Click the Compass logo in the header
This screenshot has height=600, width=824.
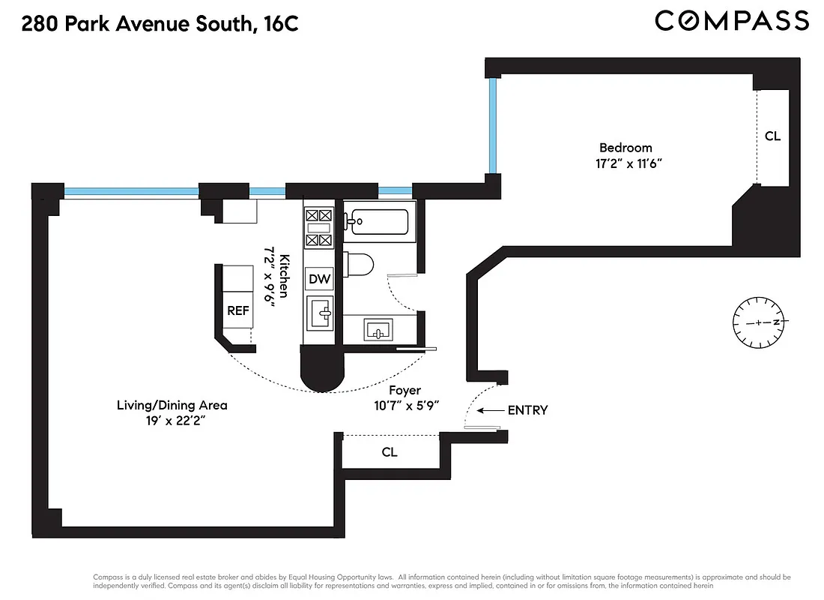coord(731,21)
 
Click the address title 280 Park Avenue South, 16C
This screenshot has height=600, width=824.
coord(160,24)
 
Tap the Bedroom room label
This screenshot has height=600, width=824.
coord(625,148)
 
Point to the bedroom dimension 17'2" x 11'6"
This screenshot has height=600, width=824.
coord(625,163)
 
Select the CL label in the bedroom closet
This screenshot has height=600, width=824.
coord(772,136)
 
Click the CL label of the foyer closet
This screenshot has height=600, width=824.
coord(390,452)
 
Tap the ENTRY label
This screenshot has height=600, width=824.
coord(527,410)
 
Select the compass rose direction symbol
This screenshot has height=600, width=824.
coord(758,322)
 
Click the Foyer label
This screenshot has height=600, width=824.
coord(405,390)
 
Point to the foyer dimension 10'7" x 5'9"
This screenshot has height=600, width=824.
coord(405,404)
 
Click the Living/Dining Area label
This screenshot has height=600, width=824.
coord(172,405)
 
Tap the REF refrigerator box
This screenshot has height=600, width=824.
coord(237,311)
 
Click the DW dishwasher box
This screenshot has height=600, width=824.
coord(320,279)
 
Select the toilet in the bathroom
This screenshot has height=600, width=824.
coord(360,265)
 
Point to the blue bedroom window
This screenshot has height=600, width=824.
coord(493,126)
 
